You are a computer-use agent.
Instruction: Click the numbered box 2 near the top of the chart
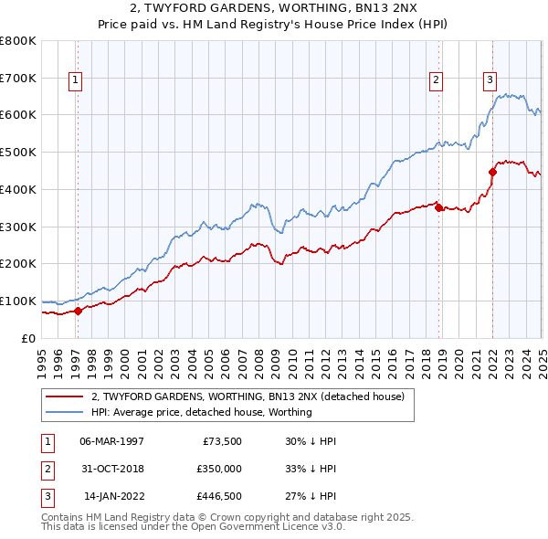coord(437,80)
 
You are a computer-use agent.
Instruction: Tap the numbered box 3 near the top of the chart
coord(490,80)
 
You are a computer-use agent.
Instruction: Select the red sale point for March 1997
coord(78,311)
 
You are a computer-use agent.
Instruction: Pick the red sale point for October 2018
coord(438,207)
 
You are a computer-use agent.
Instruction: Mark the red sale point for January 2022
coord(492,171)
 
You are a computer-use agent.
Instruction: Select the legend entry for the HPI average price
coord(201,412)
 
